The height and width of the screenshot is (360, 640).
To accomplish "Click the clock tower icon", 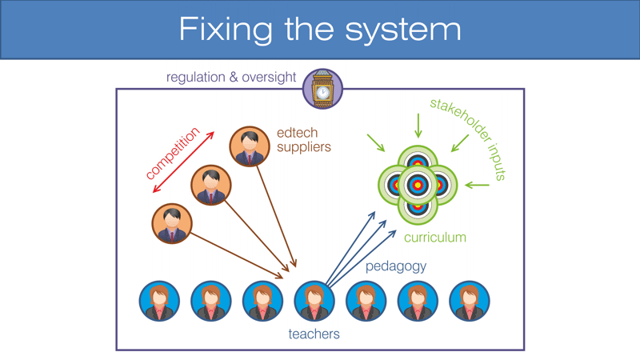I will (x=322, y=89).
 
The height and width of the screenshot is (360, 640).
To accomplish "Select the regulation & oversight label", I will (x=231, y=78).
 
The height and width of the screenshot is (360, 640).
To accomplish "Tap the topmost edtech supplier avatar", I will (x=250, y=146).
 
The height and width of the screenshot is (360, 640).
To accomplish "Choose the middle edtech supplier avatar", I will (x=210, y=186).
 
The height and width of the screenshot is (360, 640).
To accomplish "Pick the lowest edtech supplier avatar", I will (x=172, y=223).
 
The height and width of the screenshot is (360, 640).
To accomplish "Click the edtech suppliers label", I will (x=303, y=140).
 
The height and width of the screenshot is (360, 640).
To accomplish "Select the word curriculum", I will (x=434, y=238).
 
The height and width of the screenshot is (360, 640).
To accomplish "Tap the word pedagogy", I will (x=396, y=266).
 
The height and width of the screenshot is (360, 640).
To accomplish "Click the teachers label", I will (x=314, y=334).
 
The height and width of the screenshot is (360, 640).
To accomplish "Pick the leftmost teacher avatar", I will (x=159, y=301).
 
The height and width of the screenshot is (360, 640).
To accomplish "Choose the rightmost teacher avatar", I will (x=469, y=301).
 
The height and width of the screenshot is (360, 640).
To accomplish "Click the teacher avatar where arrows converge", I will (x=314, y=301).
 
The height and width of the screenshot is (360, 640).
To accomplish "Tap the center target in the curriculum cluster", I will (x=416, y=185).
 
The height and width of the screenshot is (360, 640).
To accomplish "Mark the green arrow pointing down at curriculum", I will (x=416, y=125).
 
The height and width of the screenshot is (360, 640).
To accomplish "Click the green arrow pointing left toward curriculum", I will (x=477, y=186).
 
